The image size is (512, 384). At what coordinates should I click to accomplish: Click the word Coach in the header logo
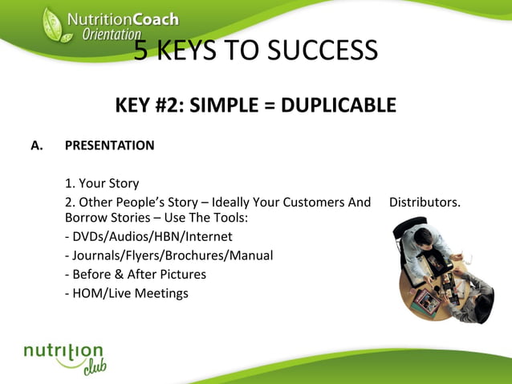[x=152, y=18]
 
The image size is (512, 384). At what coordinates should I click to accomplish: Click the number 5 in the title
[x=140, y=51]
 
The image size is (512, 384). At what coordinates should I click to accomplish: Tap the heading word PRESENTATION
[x=109, y=146]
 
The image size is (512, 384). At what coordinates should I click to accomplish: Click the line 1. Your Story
[x=102, y=183]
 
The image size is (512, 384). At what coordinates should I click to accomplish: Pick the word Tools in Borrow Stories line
[x=228, y=218]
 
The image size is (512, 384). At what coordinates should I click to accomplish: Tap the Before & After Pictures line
[x=136, y=274]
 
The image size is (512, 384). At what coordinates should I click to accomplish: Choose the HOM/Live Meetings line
[x=127, y=293]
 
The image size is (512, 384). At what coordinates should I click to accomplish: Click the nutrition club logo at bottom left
[x=64, y=356]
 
